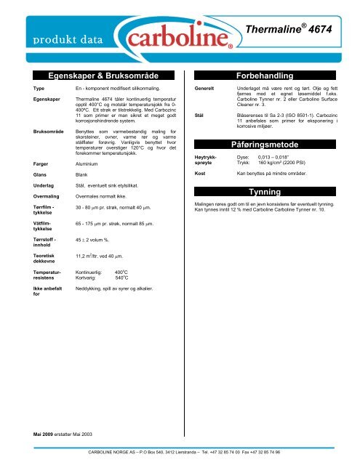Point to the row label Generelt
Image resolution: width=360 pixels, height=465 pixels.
click(x=202, y=87)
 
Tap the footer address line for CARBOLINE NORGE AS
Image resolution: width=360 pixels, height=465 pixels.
click(x=184, y=452)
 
